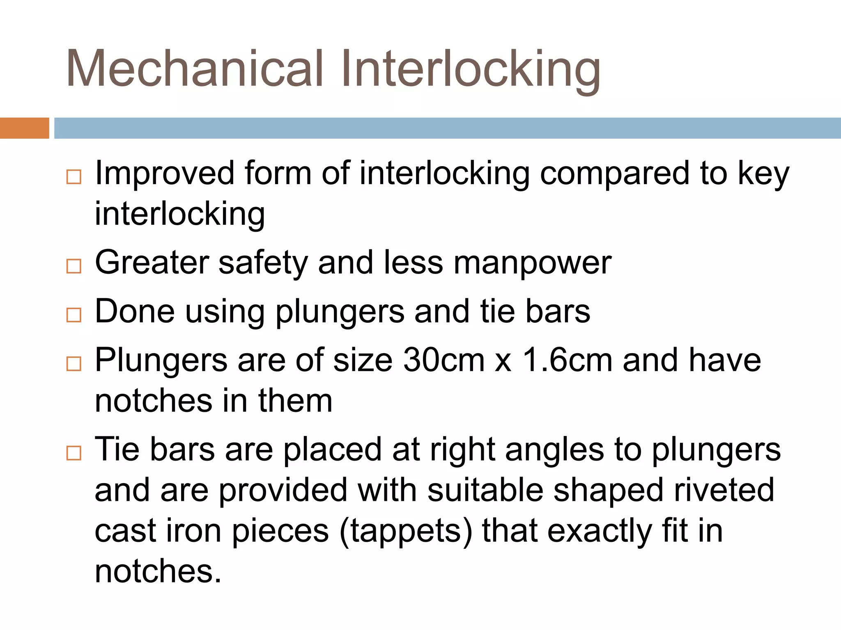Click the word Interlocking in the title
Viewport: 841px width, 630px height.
470,70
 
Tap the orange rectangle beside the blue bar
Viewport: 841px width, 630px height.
24,128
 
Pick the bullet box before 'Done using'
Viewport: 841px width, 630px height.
74,315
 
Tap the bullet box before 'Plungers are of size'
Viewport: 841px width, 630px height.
74,363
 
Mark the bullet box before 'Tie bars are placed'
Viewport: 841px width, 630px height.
74,453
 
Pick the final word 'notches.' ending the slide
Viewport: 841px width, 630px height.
158,571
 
